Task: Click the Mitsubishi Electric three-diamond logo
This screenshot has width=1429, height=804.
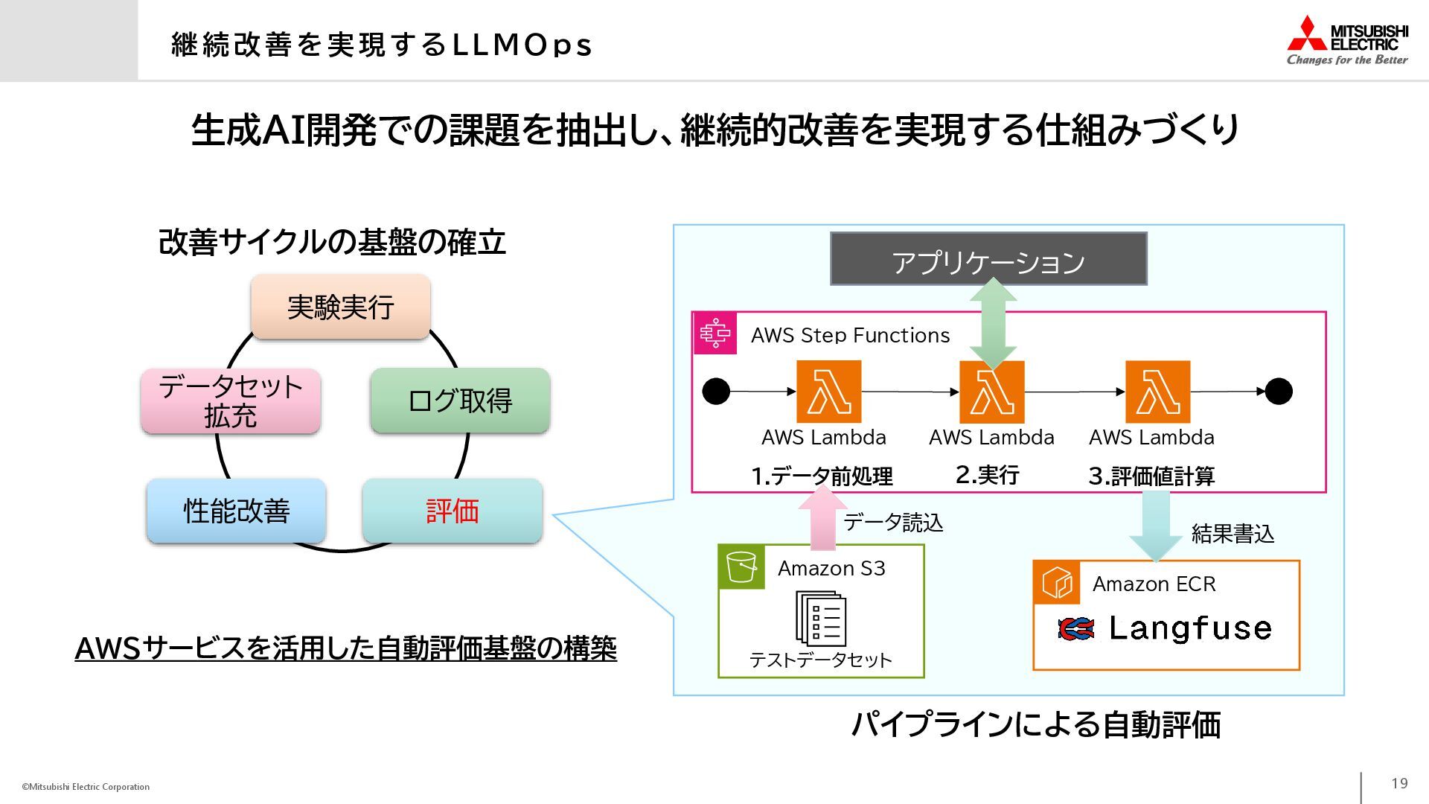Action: tap(1307, 34)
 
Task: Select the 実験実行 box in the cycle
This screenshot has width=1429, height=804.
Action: tap(341, 307)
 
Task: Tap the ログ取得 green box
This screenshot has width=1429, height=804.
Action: tap(460, 401)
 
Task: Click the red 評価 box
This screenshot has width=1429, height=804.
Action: tap(453, 511)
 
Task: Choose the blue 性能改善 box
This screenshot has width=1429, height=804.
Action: tap(236, 511)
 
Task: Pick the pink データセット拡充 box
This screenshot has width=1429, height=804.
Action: tap(231, 401)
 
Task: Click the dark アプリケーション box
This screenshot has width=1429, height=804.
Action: tap(988, 259)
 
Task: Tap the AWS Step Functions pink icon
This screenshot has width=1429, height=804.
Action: tap(714, 334)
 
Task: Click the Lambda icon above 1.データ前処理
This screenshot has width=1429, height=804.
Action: tap(828, 392)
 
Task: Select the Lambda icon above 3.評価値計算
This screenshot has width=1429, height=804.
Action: tap(1157, 392)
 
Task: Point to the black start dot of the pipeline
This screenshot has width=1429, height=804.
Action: tap(716, 392)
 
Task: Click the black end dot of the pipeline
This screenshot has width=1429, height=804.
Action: tap(1279, 392)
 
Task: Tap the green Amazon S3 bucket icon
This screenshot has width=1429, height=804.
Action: tap(741, 567)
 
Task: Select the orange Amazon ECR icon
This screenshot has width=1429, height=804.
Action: tap(1056, 583)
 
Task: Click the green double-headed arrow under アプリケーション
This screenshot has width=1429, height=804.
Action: tap(993, 324)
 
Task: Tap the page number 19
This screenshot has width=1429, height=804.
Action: tap(1399, 783)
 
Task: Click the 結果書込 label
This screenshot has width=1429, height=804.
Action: tap(1233, 534)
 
